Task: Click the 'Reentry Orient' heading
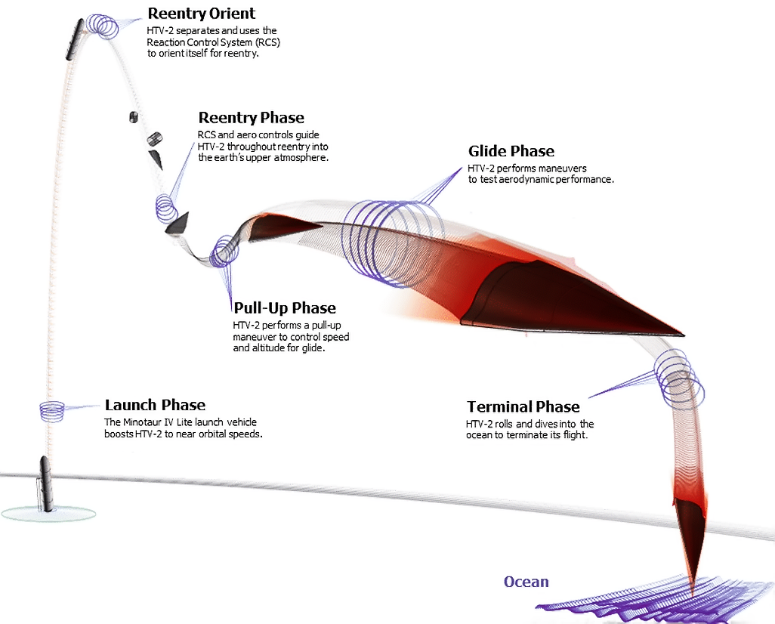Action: pyautogui.click(x=201, y=14)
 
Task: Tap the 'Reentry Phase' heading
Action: pyautogui.click(x=251, y=118)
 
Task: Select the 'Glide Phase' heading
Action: pyautogui.click(x=511, y=151)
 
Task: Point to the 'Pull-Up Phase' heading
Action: pyautogui.click(x=285, y=308)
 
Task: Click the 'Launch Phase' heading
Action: pyautogui.click(x=155, y=405)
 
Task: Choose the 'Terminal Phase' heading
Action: pyautogui.click(x=523, y=406)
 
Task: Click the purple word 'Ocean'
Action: pyautogui.click(x=526, y=582)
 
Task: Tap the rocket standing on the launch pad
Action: pyautogui.click(x=45, y=484)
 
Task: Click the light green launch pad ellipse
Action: pyautogui.click(x=48, y=513)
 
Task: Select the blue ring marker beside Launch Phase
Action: pyautogui.click(x=52, y=412)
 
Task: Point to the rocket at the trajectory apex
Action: pyautogui.click(x=75, y=39)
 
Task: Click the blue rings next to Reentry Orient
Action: pyautogui.click(x=102, y=26)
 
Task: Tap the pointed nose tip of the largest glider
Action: pyautogui.click(x=684, y=335)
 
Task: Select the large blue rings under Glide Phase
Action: pyautogui.click(x=393, y=242)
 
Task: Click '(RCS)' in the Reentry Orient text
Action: pyautogui.click(x=268, y=42)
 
